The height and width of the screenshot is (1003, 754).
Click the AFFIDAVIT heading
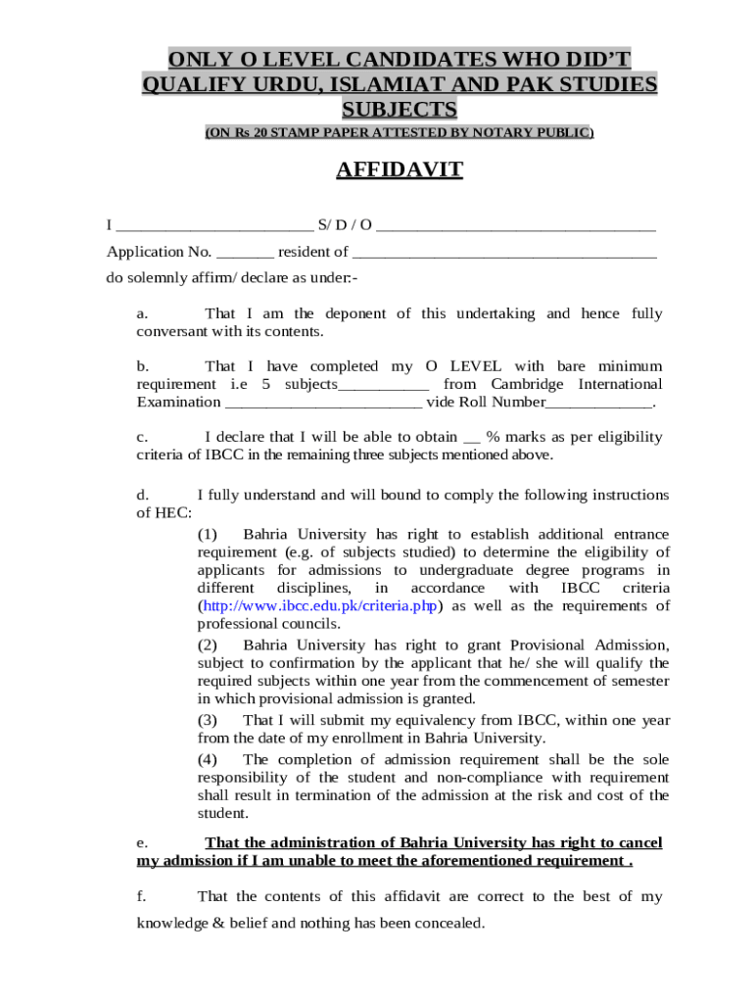(x=400, y=171)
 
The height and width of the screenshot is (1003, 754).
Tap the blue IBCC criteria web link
(x=318, y=606)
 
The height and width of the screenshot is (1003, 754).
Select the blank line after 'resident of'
(x=503, y=253)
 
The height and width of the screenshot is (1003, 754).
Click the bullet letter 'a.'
(x=142, y=314)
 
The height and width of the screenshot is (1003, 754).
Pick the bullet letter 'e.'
(x=142, y=843)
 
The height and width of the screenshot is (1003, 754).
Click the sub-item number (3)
(x=207, y=720)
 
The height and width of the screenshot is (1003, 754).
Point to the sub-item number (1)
(x=207, y=535)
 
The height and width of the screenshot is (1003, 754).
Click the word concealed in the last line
(x=446, y=923)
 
